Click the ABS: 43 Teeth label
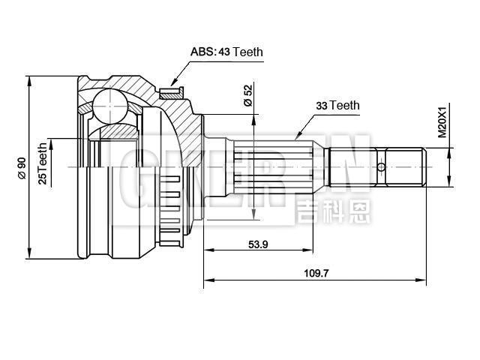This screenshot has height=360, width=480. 226,52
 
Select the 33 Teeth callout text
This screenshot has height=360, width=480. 337,106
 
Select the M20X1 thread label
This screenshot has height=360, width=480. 442,122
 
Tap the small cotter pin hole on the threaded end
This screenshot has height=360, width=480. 382,166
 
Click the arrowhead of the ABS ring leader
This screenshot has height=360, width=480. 172,84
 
